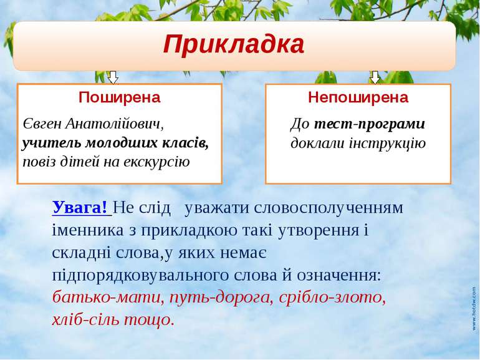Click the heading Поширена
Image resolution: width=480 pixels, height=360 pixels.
pyautogui.click(x=120, y=97)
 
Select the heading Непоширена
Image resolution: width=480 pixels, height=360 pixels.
pyautogui.click(x=358, y=97)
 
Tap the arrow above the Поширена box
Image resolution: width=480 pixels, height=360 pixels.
pyautogui.click(x=113, y=77)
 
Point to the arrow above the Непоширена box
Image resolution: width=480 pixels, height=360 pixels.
pyautogui.click(x=375, y=77)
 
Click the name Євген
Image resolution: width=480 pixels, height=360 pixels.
pyautogui.click(x=42, y=124)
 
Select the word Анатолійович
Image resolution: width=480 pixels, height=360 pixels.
pyautogui.click(x=115, y=124)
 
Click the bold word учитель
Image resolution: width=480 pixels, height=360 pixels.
pyautogui.click(x=52, y=143)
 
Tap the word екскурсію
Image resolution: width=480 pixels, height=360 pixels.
pyautogui.click(x=156, y=162)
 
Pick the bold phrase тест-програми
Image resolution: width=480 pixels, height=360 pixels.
pyautogui.click(x=370, y=124)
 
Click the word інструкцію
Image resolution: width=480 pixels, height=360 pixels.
pyautogui.click(x=388, y=144)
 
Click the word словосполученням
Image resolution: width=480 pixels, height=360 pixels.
pyautogui.click(x=329, y=208)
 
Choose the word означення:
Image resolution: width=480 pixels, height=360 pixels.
pyautogui.click(x=339, y=275)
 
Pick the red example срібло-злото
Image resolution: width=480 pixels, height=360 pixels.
pyautogui.click(x=332, y=298)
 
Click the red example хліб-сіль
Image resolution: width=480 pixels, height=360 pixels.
pyautogui.click(x=86, y=320)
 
